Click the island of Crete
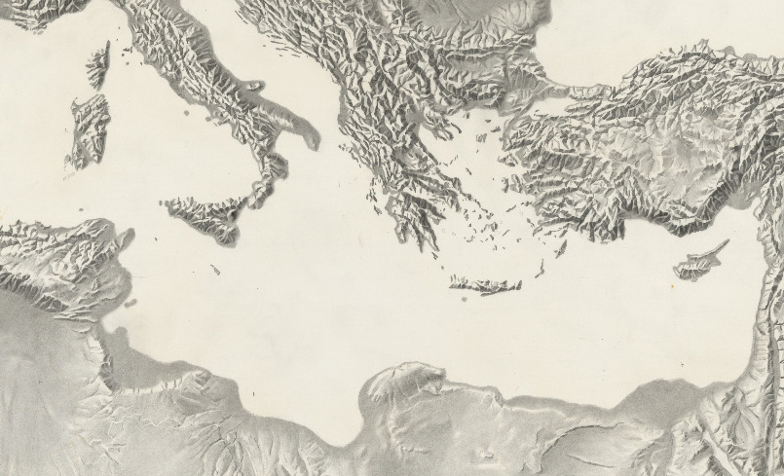pyautogui.click(x=484, y=285)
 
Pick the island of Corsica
pyautogui.click(x=98, y=64)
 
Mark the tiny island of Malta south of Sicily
pyautogui.click(x=215, y=270)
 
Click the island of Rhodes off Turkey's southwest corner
pyautogui.click(x=560, y=248)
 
